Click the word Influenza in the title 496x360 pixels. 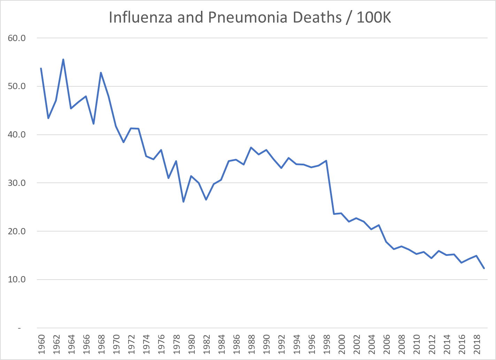[x=140, y=17]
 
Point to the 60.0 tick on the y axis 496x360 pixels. [x=17, y=38]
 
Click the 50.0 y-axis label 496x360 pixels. [x=17, y=86]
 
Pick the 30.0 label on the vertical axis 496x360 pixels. [x=17, y=183]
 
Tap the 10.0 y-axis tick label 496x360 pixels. [x=17, y=280]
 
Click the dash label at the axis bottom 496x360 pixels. [x=19, y=328]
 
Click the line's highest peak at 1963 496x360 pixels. [x=63, y=60]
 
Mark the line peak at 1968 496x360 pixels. [x=101, y=73]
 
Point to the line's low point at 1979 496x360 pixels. [x=183, y=202]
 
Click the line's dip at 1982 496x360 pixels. [x=206, y=199]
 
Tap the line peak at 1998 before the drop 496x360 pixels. [x=326, y=161]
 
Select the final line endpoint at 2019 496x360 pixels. [x=484, y=268]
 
